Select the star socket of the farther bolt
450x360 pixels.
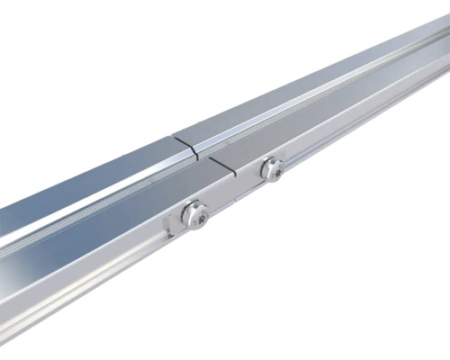point(273,167)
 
